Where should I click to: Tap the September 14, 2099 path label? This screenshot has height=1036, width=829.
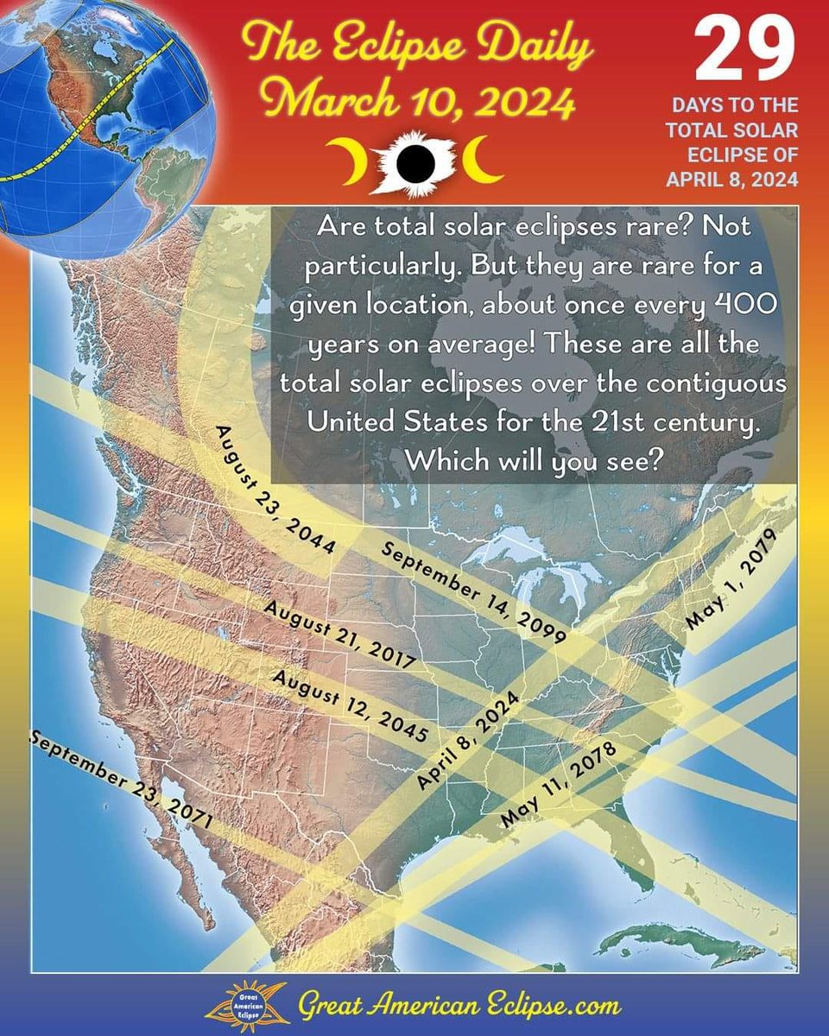point(473,596)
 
